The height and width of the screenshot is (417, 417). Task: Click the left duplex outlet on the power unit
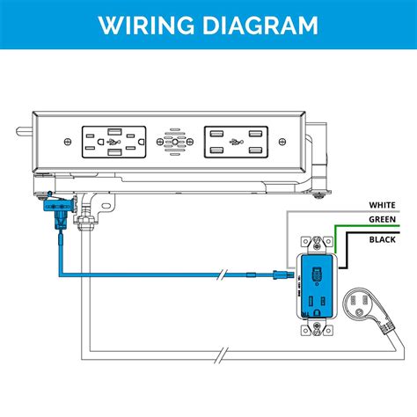[x=114, y=141]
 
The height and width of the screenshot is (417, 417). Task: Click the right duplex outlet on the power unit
[x=235, y=141]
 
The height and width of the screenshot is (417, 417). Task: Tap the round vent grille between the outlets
[x=174, y=141]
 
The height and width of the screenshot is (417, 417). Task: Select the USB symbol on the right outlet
[x=235, y=141]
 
